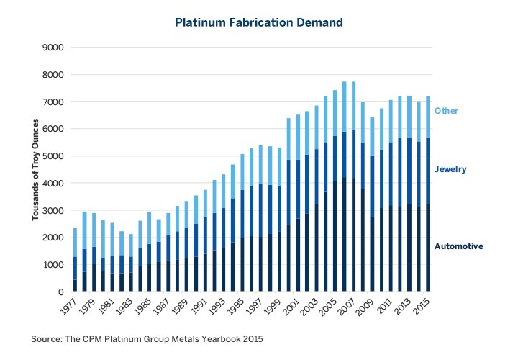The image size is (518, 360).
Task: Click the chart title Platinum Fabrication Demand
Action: [x=259, y=23]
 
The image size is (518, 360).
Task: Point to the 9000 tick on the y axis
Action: [x=55, y=48]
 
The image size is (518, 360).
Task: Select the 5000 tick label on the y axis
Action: [x=55, y=156]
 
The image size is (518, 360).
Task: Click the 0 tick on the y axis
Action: [x=61, y=292]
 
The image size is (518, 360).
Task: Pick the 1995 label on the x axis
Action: [x=235, y=307]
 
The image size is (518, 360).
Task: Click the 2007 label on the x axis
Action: [x=344, y=307]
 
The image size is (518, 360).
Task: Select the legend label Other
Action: [x=446, y=111]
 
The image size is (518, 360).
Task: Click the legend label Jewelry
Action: [x=450, y=169]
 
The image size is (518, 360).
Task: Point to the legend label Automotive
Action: [x=458, y=246]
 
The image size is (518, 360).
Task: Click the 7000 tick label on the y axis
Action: [x=55, y=102]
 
